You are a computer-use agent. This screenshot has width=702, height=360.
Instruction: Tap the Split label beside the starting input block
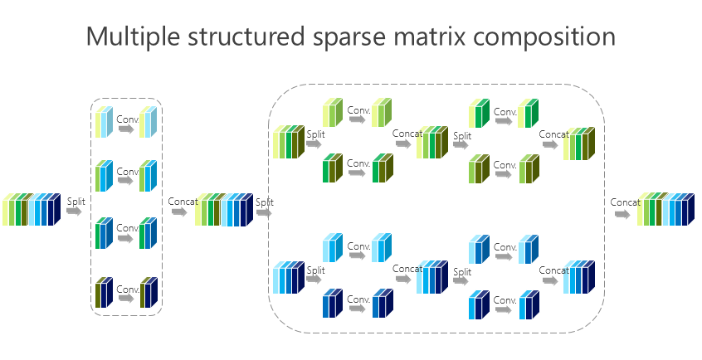coord(76,202)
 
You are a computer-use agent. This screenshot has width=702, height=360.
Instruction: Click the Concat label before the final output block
coord(626,202)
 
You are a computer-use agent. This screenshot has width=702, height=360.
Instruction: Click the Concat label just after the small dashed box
coord(183,202)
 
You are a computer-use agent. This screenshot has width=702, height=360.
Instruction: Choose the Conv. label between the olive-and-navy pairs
coord(128,289)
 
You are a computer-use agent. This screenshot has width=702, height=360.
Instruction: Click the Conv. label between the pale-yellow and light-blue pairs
coord(128,118)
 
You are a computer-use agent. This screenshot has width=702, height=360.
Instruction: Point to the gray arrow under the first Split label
coord(75,213)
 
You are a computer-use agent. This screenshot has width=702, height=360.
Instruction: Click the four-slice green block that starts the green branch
coord(288,141)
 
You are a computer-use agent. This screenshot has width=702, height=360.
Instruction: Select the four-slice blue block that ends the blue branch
coord(580,277)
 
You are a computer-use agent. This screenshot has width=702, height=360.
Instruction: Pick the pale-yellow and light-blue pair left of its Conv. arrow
coord(104,122)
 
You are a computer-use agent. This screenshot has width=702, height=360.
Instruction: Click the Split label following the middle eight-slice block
coord(265,202)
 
